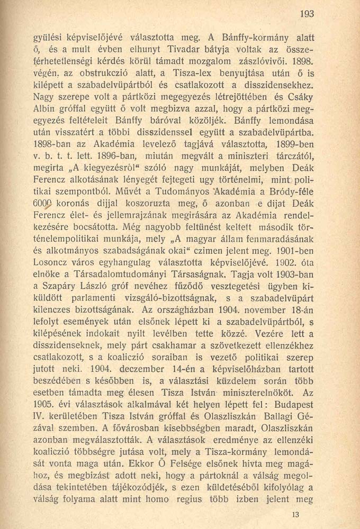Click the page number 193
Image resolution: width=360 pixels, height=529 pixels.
[307, 15]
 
